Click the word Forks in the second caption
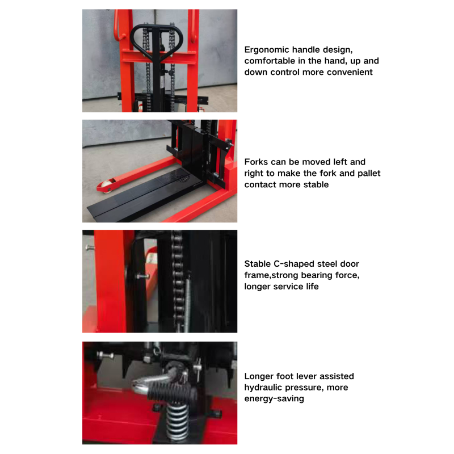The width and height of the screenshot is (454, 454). [257, 162]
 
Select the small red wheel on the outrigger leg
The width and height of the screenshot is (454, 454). [104, 185]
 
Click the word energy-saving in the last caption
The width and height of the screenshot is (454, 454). [274, 399]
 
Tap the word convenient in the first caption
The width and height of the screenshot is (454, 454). [349, 72]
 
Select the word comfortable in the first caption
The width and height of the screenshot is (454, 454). [271, 61]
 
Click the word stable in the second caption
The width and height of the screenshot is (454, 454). [315, 184]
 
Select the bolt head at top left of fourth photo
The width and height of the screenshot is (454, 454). [102, 355]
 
